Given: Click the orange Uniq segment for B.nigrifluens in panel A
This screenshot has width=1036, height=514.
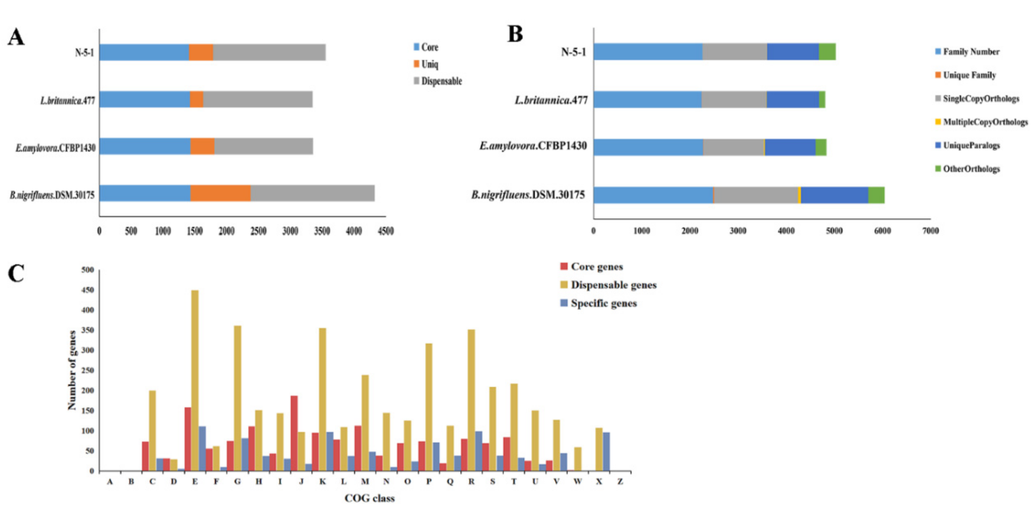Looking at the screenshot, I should [220, 194].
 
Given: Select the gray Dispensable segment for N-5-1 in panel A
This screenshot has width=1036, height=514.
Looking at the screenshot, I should [269, 52].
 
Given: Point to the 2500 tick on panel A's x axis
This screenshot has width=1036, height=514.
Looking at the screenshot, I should [258, 231].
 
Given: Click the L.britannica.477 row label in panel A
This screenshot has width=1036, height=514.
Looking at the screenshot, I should [68, 100].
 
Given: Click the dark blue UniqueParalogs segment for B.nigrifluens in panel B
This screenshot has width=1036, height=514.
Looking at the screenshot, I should [834, 195].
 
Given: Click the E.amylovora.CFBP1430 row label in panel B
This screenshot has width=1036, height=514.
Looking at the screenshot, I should [533, 145].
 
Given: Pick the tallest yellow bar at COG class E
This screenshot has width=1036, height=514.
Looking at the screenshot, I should [195, 380].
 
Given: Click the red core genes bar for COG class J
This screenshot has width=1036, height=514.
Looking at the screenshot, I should [294, 433].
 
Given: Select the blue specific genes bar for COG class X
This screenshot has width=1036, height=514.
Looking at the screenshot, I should [606, 451].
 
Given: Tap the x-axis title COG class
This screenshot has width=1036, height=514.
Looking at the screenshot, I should [369, 498].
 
